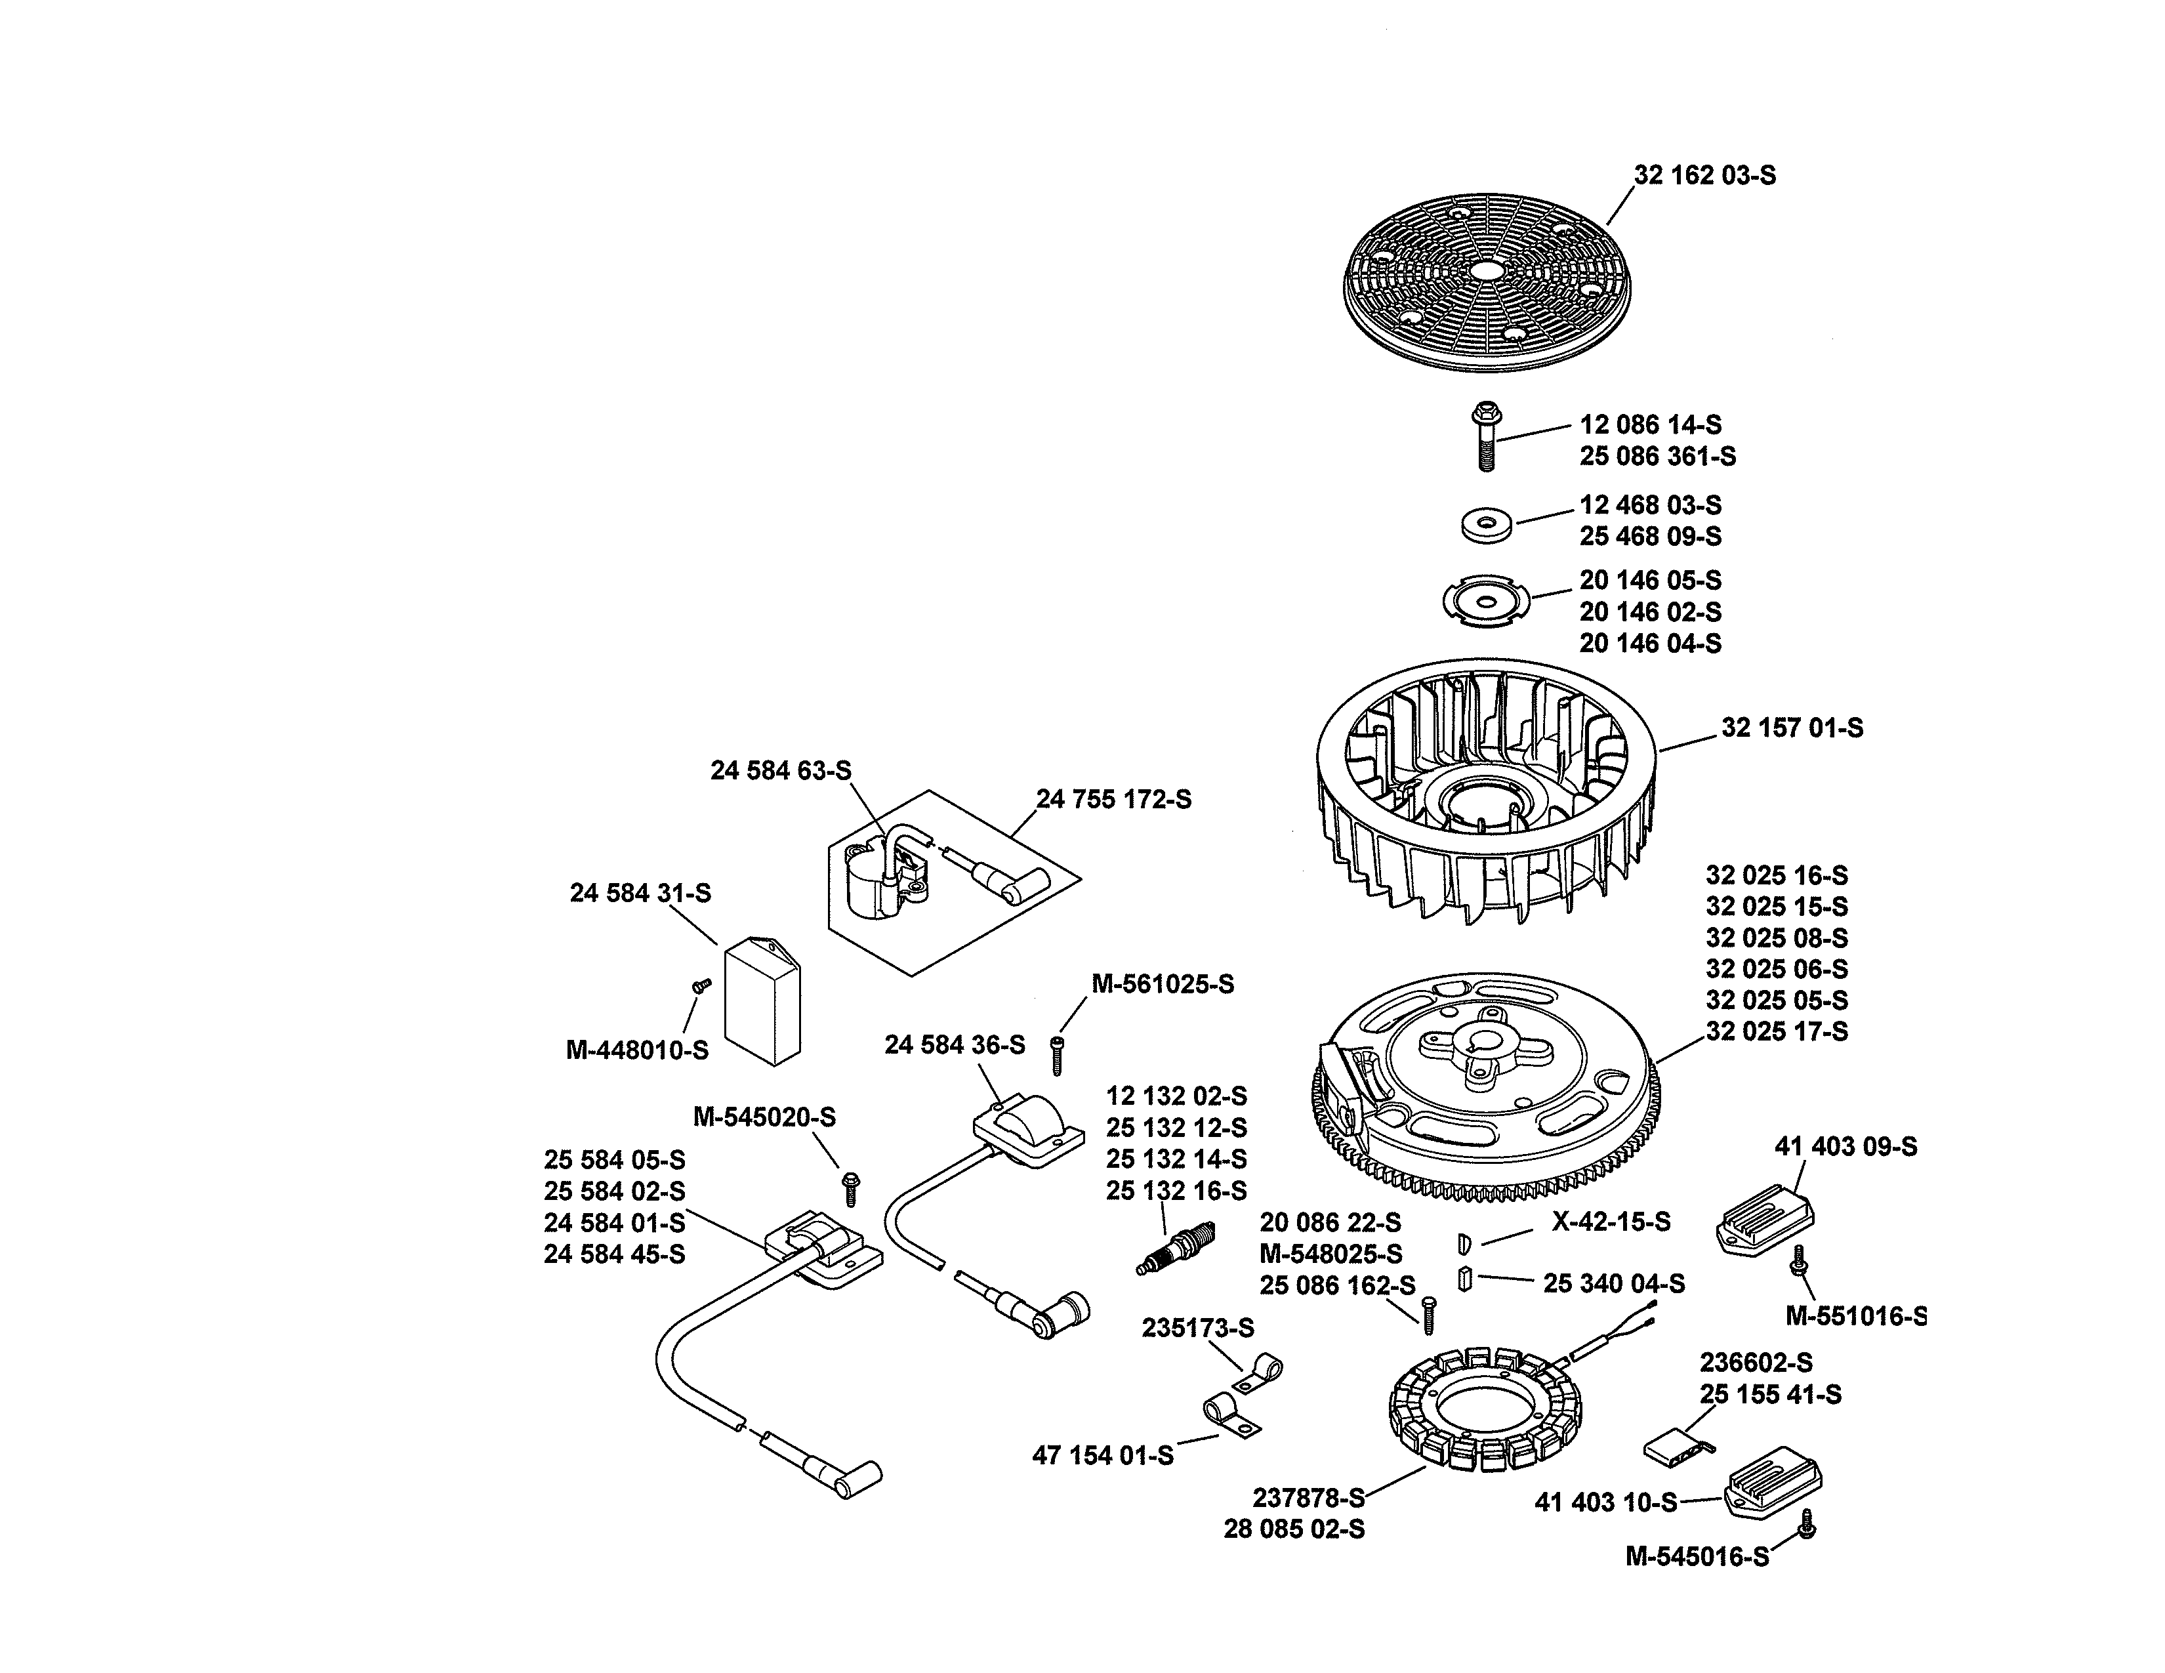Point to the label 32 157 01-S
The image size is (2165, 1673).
point(1791,728)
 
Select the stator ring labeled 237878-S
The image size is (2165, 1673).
point(1484,1407)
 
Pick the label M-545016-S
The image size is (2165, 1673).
point(1696,1557)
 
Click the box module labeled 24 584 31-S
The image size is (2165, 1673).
point(762,1001)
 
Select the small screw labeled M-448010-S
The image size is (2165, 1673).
point(702,985)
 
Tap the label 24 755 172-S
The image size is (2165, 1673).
point(1113,799)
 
